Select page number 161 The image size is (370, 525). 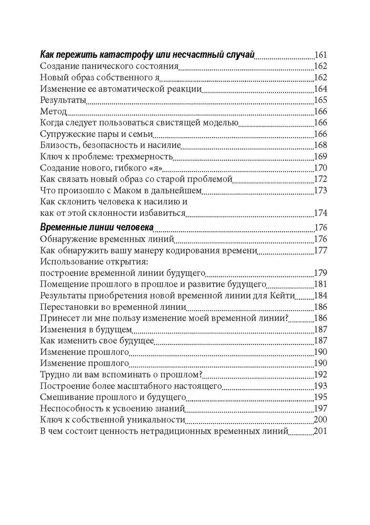tap(320, 55)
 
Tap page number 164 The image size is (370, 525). tap(320, 88)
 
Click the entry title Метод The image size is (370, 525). tap(53, 111)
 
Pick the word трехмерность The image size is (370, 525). tap(145, 156)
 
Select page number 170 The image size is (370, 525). tap(320, 168)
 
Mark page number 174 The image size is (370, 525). tap(320, 213)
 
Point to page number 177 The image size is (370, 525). tap(320, 250)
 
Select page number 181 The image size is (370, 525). tap(320, 285)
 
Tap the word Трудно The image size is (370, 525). tap(55, 375)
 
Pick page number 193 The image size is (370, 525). tap(320, 386)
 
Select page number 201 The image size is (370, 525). tap(320, 432)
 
